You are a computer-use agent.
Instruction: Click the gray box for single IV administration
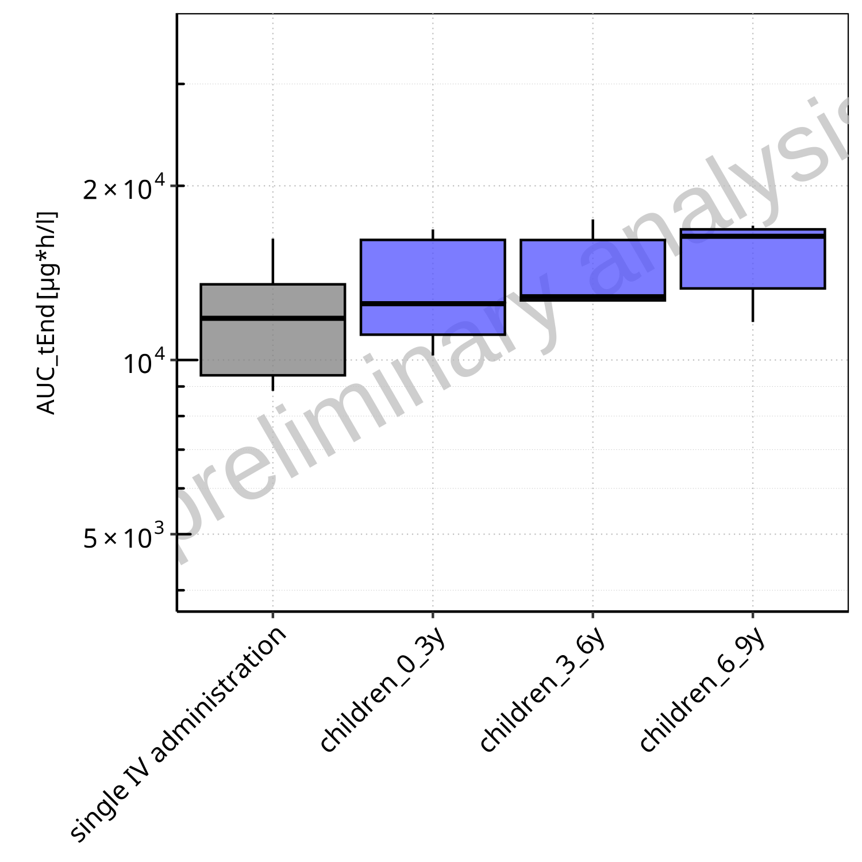pos(272,345)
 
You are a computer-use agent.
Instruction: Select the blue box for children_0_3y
pos(432,270)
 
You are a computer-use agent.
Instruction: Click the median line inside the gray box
pos(272,318)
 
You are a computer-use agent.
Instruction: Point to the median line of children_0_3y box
pos(432,303)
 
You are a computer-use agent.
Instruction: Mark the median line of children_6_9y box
pos(752,236)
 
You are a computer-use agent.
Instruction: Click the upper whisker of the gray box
pos(273,261)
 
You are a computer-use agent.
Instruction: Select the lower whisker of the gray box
pos(273,383)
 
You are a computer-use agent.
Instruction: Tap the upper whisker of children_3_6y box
pos(592,229)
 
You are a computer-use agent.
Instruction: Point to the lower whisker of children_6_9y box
pos(752,305)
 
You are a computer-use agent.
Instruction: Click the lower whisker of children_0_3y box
pos(432,345)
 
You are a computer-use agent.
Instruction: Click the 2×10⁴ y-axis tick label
pos(124,188)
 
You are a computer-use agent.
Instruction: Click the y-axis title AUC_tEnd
pos(46,313)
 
